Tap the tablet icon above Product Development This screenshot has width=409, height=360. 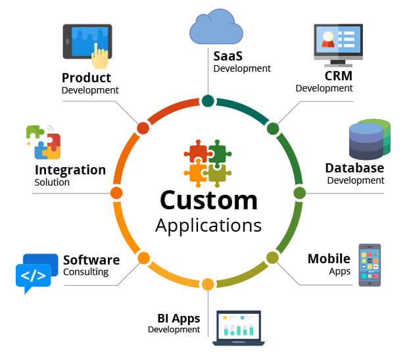point(87,45)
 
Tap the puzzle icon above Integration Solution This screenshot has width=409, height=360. point(43,141)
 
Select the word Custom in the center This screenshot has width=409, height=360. point(208,199)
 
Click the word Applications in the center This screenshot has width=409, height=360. point(208,225)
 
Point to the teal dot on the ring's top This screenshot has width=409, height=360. point(208,101)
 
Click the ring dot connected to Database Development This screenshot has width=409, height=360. point(299,193)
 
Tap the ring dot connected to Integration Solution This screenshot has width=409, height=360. point(116,193)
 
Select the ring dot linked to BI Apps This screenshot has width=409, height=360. point(208,284)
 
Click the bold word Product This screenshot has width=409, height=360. point(86,78)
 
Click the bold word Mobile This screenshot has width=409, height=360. point(329,259)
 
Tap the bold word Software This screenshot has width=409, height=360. point(91,260)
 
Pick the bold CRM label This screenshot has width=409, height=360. point(339,76)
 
